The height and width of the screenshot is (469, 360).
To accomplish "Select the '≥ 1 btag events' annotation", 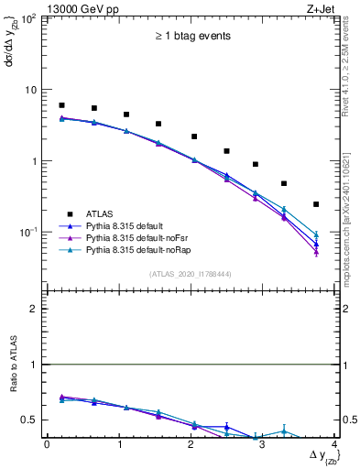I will (x=191, y=37).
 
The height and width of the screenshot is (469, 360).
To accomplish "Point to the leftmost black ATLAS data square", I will (x=61, y=105).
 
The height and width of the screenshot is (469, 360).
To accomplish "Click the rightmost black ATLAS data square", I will (x=316, y=204).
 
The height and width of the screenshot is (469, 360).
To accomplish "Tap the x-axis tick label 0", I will (x=47, y=444).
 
